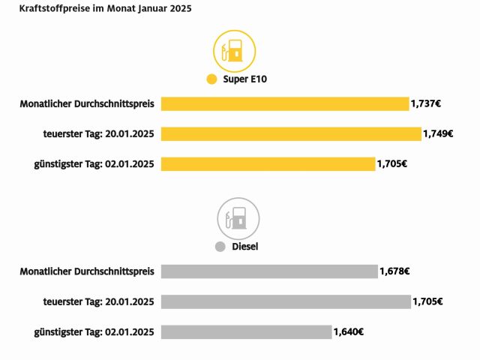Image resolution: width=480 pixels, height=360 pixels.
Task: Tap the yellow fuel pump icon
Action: click(235, 50)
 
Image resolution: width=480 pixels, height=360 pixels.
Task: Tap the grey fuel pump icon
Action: click(238, 218)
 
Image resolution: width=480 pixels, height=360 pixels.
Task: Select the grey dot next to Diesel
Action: click(220, 246)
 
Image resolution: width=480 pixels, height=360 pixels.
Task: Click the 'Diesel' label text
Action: click(245, 246)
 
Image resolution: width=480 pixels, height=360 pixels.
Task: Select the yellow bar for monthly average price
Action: click(285, 103)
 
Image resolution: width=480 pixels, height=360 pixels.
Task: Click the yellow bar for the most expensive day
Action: click(291, 133)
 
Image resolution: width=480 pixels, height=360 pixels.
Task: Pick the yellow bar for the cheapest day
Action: click(268, 163)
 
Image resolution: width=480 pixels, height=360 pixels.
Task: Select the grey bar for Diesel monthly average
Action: click(269, 271)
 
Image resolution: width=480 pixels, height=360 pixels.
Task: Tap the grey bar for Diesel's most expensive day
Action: click(286, 301)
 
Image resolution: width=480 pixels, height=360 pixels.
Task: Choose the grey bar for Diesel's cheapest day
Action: click(246, 331)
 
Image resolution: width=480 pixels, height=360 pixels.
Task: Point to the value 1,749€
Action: click(438, 134)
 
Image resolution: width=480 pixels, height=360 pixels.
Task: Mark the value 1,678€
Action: click(394, 271)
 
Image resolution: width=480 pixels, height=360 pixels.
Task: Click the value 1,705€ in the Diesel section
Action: click(427, 301)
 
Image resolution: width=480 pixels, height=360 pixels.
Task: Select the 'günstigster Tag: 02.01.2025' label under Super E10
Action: click(94, 163)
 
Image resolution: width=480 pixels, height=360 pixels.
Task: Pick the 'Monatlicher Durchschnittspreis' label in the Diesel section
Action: click(87, 271)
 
